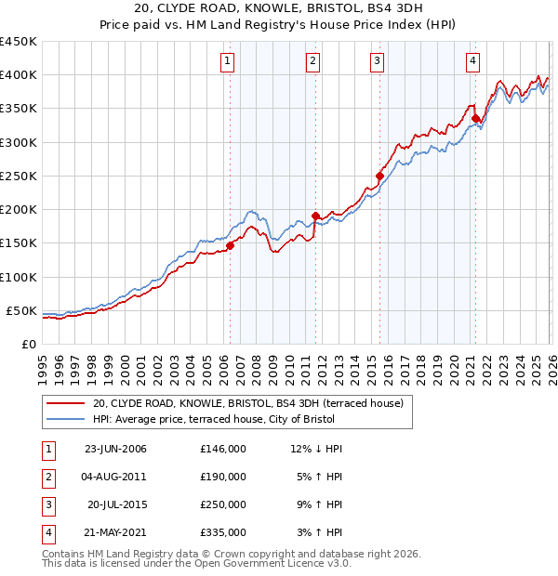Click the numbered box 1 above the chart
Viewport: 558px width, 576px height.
228,61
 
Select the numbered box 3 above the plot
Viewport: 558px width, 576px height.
377,61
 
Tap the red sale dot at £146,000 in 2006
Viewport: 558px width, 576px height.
230,245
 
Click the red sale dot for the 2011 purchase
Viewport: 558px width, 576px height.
314,216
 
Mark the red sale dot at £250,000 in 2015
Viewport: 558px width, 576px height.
379,176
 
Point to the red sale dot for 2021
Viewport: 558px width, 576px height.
475,118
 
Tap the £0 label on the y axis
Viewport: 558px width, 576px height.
28,344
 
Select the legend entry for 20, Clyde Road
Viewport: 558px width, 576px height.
247,403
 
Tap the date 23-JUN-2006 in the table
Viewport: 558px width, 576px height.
115,449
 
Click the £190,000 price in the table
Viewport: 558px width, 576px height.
222,477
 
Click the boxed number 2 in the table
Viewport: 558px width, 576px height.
46,477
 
